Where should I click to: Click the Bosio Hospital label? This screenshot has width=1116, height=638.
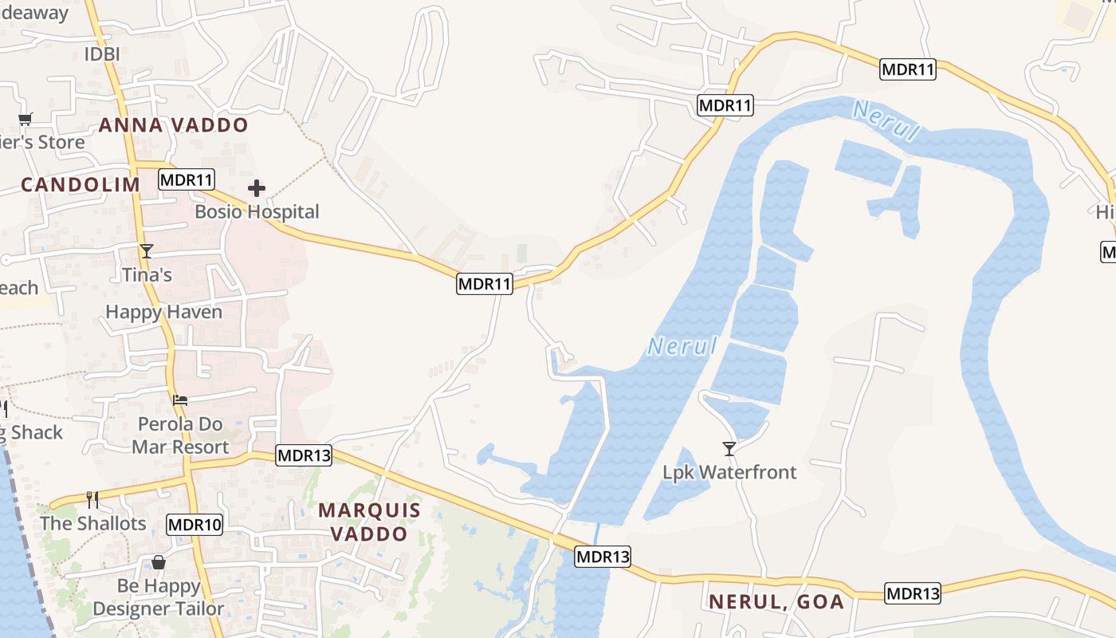point(257,212)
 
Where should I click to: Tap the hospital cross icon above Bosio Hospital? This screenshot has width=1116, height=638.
point(256,188)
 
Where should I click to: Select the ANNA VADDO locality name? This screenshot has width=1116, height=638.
point(173,125)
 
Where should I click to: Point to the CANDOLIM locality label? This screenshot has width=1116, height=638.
point(81,185)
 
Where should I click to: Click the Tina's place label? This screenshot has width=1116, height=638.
point(147,275)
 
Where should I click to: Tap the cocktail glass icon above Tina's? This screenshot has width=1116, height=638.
point(147,251)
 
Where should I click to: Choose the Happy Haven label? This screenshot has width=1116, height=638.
point(163,312)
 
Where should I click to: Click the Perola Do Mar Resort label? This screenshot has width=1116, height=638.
point(180,435)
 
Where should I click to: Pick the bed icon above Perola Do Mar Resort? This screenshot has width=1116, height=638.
point(181,400)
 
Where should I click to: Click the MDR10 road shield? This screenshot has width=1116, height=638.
point(195,524)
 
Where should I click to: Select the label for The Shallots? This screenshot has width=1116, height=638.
point(93,523)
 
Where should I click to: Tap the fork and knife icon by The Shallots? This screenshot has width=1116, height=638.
point(92,499)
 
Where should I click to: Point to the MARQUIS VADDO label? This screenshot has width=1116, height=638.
point(369,522)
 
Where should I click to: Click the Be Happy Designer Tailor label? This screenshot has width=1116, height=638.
point(159,597)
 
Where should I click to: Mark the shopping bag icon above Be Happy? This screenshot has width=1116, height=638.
point(159,563)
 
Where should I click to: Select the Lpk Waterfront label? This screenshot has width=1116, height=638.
point(729,472)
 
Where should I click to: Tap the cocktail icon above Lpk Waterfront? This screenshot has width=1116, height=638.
point(729,448)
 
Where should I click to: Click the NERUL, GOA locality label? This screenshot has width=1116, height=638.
point(776,602)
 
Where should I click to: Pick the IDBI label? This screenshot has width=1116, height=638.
point(102,54)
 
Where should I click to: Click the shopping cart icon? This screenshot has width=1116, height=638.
point(25,120)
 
